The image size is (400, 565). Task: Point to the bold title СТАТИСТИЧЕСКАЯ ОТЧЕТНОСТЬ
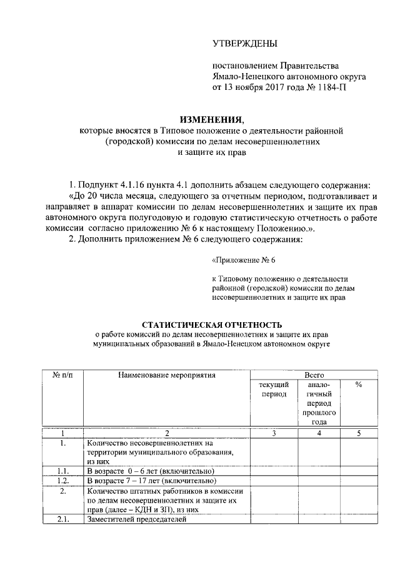tap(212, 325)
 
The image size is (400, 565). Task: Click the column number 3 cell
tap(274, 433)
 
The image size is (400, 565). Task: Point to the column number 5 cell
tap(359, 433)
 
